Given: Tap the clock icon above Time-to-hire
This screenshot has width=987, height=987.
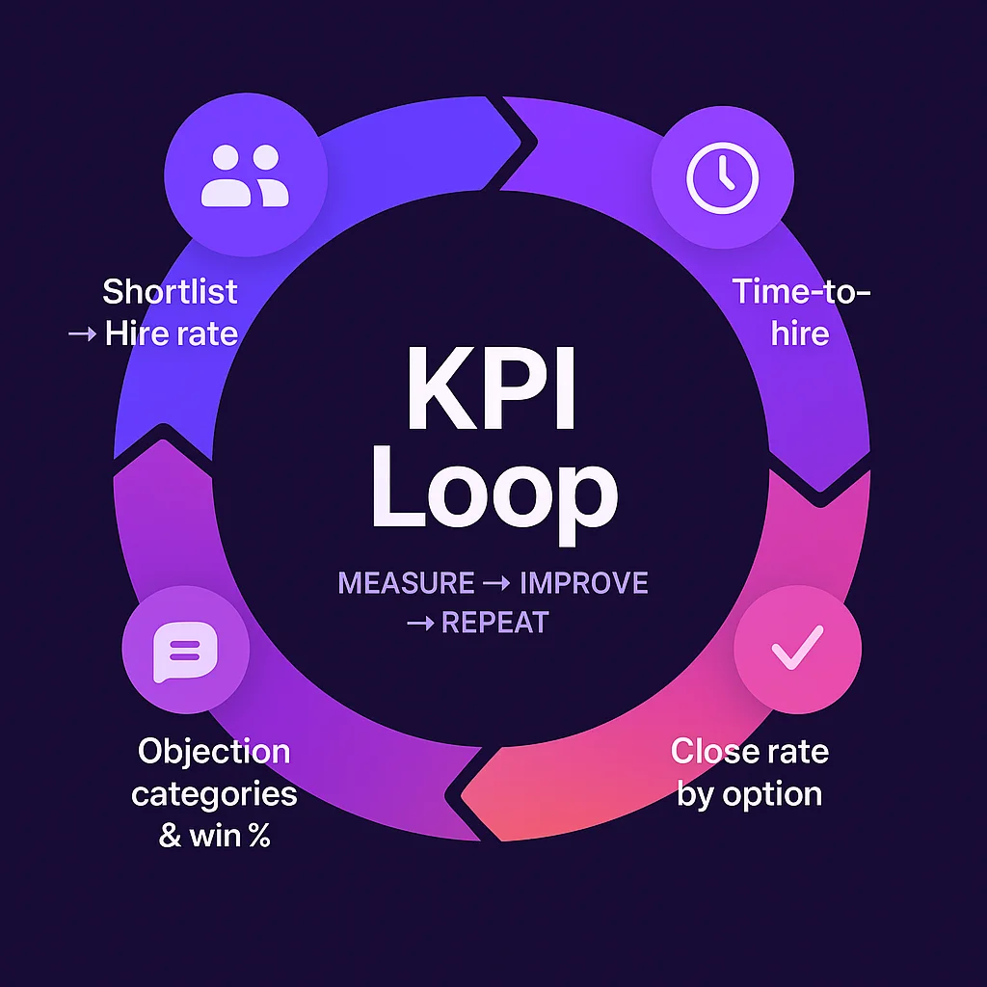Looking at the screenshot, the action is pos(722,178).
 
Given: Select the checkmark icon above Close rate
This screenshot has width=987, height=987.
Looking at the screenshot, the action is pos(797,647).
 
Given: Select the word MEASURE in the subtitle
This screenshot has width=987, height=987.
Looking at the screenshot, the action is pos(406,583).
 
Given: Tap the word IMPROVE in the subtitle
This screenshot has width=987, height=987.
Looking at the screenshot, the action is pos(583,583).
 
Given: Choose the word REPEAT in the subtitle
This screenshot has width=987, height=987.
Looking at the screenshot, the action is pos(493,623).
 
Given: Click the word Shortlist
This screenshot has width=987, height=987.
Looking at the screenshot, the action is pos(170,291).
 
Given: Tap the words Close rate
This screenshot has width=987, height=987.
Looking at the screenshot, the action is pos(749,751).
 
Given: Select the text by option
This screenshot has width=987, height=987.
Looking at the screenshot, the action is pos(749,794).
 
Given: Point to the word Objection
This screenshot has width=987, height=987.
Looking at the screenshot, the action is pos(214,751).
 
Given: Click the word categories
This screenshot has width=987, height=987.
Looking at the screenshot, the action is pos(214,794).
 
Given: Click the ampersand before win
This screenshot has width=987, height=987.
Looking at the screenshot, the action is pos(170,835).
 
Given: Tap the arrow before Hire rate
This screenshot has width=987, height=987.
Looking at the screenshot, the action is pos(81,335).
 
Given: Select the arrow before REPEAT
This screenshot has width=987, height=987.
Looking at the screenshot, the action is pos(420,624).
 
